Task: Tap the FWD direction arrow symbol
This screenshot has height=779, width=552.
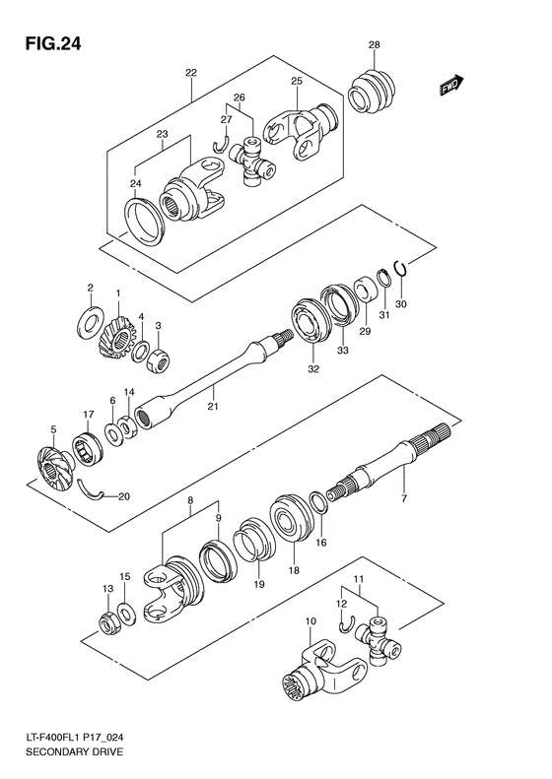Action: pos(453,89)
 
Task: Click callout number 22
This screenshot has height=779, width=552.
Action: pos(190,72)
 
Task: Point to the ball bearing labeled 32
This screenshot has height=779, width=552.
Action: pos(311,329)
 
